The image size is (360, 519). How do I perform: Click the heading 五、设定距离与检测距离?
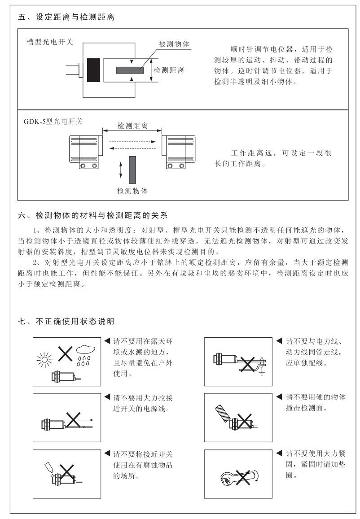(x=66, y=18)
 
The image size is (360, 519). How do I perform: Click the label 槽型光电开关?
(x=50, y=42)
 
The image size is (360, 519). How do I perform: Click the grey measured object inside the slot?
(x=130, y=70)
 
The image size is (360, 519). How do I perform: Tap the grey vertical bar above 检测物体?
(x=132, y=169)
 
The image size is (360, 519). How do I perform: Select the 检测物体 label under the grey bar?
(x=132, y=191)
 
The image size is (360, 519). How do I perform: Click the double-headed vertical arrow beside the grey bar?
(x=120, y=170)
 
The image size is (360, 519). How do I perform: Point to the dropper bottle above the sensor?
(x=48, y=467)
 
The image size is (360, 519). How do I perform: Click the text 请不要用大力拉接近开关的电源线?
(x=143, y=403)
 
